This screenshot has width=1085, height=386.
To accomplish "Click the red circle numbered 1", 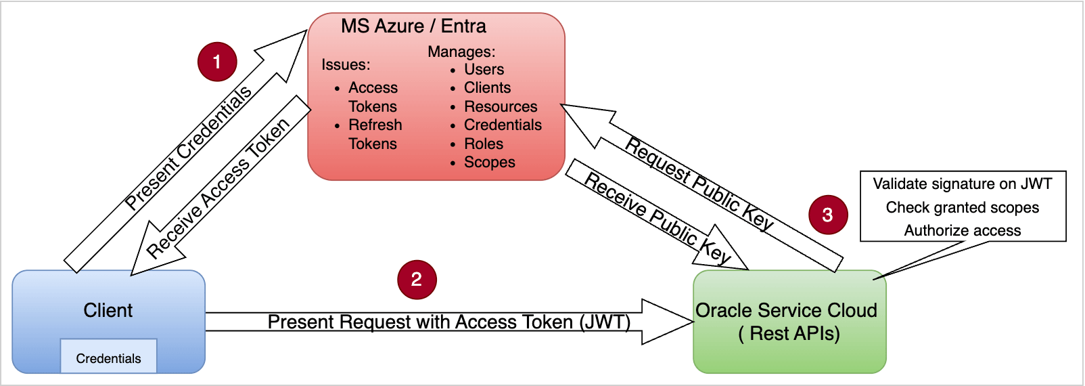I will (217, 62).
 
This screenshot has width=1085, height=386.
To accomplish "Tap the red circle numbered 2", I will (417, 279).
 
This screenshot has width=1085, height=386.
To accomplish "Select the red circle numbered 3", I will (828, 215).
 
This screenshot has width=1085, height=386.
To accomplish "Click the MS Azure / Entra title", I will (413, 26).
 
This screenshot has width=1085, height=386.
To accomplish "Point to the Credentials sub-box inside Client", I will (108, 358).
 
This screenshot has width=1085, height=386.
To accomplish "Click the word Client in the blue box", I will (108, 310).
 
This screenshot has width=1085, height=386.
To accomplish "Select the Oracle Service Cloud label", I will (786, 311).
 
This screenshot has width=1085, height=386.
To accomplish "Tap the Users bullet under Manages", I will (484, 69).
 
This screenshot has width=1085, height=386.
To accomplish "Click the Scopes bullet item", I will (489, 162).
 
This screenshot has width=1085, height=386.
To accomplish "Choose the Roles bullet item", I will (483, 144).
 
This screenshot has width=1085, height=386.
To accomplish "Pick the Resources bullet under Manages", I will (501, 106).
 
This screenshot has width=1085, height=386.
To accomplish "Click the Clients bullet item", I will (487, 87).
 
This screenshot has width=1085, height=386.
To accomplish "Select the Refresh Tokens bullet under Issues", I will (375, 134).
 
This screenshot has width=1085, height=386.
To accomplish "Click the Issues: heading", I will (346, 64).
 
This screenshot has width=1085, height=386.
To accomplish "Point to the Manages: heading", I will (461, 51).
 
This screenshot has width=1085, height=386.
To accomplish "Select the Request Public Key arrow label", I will (699, 184).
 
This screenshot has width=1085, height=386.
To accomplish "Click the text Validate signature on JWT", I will (962, 184).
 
